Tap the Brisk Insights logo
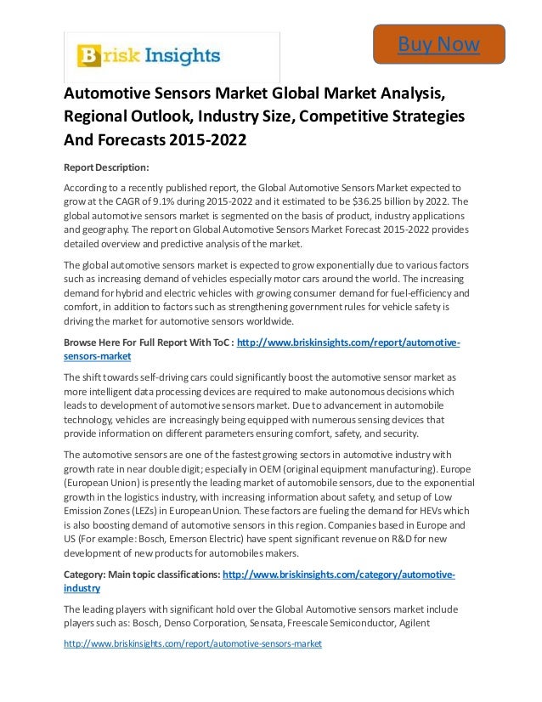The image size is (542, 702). (x=149, y=56)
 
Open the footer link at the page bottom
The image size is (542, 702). (x=193, y=643)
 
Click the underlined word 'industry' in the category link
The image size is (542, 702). (x=82, y=587)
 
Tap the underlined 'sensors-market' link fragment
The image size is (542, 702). (x=92, y=357)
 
